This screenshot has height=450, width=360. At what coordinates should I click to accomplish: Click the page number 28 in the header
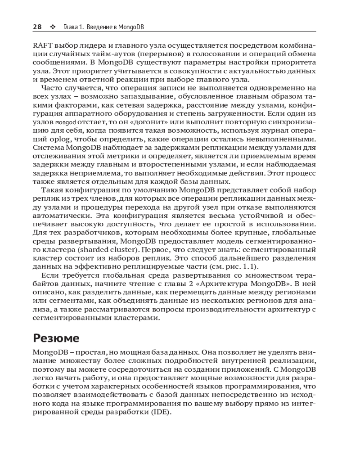(37, 27)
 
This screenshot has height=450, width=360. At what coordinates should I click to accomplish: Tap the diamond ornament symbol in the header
(52, 27)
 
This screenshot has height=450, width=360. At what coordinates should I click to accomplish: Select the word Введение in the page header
(99, 27)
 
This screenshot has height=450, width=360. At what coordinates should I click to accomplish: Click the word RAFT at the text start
(44, 45)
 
